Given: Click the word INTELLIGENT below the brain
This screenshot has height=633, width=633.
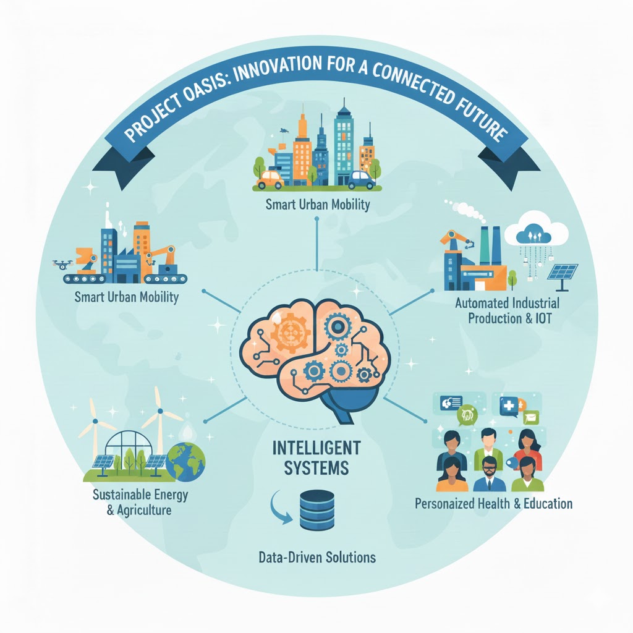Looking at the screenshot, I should (x=317, y=447).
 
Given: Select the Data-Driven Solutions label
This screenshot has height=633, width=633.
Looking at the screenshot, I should (x=316, y=558).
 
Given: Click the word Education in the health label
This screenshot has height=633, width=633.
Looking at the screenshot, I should (x=543, y=503).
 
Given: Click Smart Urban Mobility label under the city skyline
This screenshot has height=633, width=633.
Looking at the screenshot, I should (x=316, y=205).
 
